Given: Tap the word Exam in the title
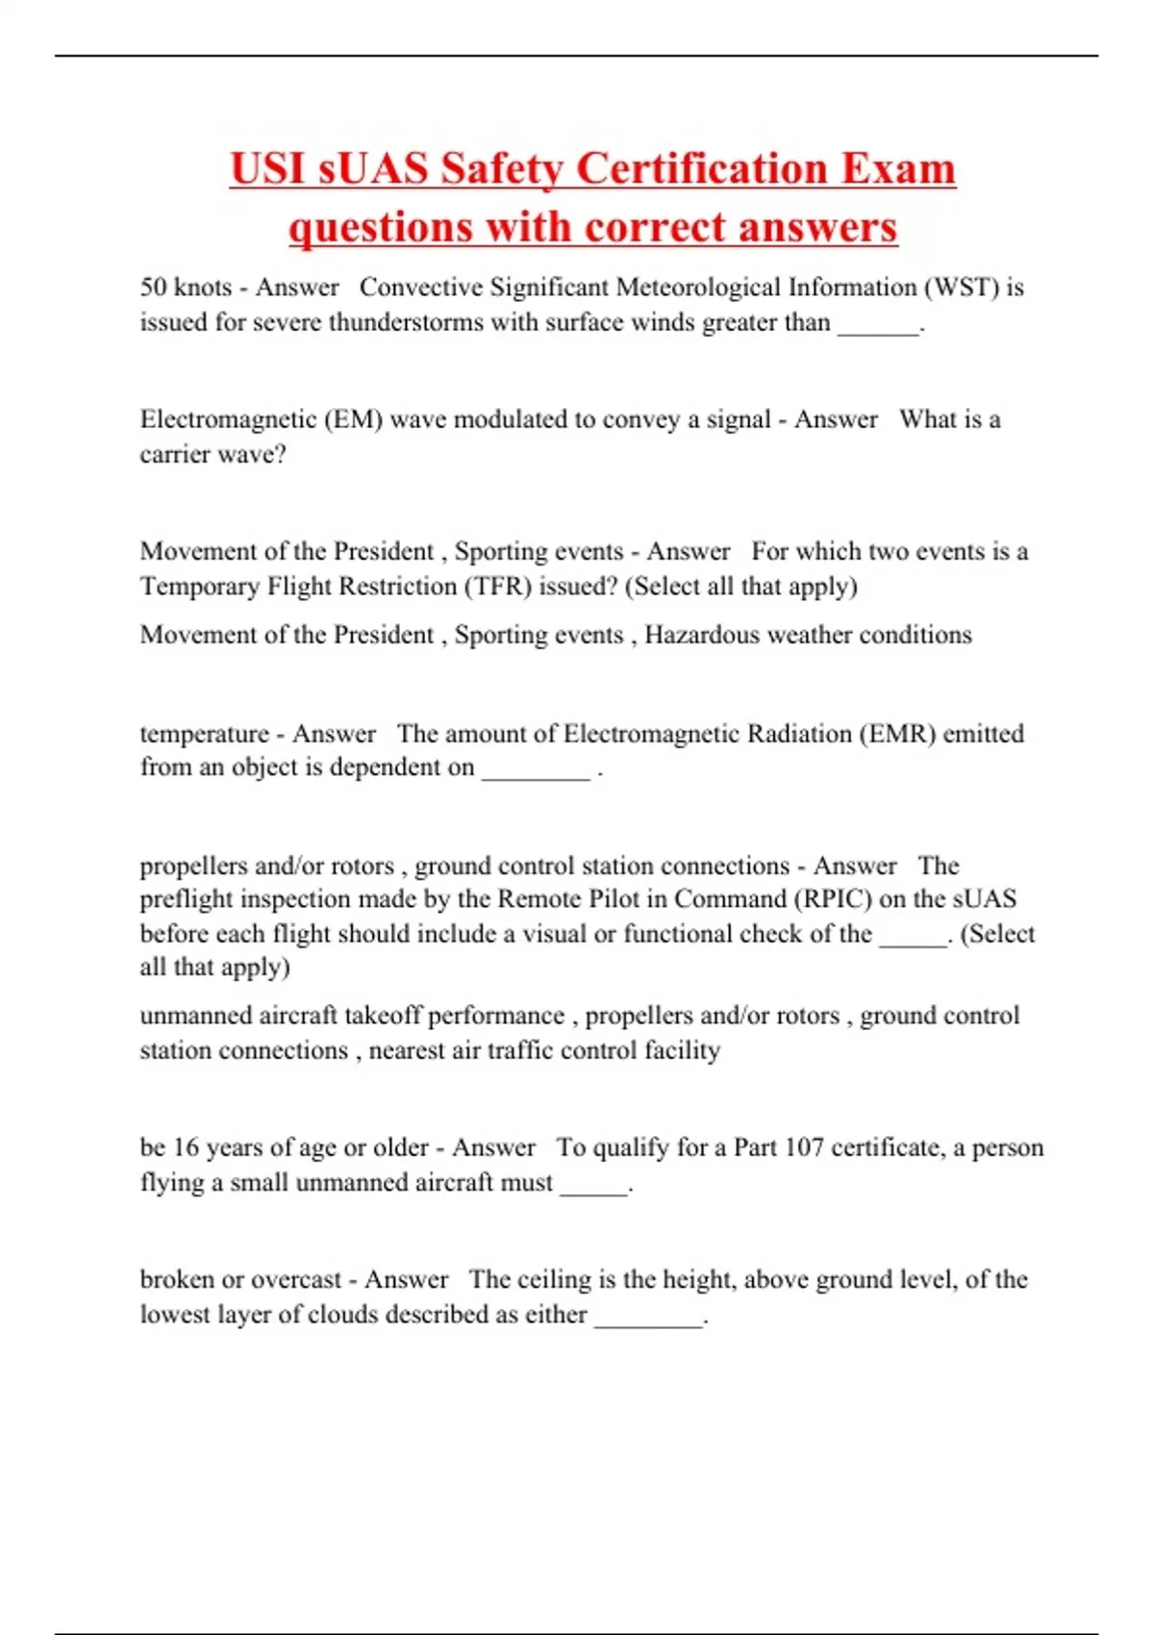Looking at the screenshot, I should coord(898,168).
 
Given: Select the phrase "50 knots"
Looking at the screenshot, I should coord(186,288).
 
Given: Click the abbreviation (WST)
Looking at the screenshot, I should coord(961,288).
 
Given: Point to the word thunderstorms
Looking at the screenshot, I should coord(405,322).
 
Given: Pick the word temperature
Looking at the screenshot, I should coord(204,734).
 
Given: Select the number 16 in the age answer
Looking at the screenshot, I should coord(186,1147).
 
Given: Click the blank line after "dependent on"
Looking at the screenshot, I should coord(536,772).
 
